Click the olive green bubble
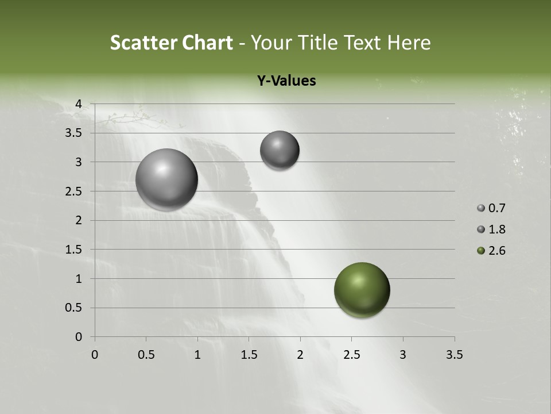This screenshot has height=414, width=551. [362, 290]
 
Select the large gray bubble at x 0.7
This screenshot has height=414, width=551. [166, 179]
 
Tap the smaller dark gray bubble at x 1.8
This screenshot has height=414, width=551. [280, 150]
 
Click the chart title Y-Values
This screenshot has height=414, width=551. [286, 81]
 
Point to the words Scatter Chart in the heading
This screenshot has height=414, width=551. [171, 43]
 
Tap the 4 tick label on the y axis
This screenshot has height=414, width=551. [79, 104]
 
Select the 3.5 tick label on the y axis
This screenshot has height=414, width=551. [74, 133]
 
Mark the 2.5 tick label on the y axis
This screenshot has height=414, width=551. [74, 191]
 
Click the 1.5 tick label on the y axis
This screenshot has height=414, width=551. [74, 250]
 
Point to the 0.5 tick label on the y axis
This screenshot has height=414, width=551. [74, 308]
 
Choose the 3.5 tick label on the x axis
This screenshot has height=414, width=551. [454, 355]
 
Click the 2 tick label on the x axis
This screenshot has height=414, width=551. [300, 355]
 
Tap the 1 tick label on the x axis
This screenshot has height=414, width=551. [197, 355]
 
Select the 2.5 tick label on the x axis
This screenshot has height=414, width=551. [351, 355]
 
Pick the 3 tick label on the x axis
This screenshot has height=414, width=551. [403, 355]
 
